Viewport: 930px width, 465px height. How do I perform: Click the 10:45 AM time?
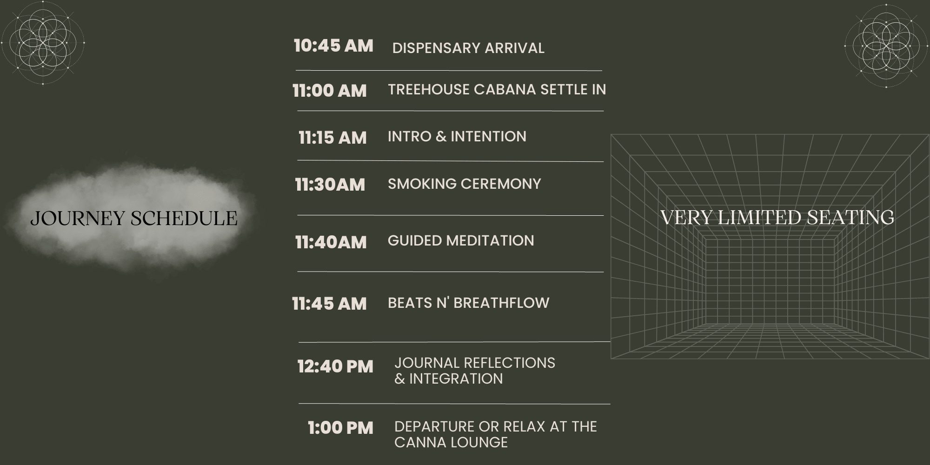(x=333, y=46)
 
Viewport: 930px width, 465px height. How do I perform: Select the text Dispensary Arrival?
(x=468, y=48)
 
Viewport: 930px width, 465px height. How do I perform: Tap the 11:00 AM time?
(x=330, y=91)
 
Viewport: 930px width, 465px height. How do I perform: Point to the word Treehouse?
(x=429, y=89)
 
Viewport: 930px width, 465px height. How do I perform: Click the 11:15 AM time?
(x=332, y=138)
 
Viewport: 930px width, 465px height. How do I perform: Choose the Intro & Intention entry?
(x=457, y=136)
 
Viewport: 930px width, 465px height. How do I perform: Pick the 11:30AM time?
(x=330, y=185)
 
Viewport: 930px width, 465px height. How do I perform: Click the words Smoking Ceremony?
(x=465, y=184)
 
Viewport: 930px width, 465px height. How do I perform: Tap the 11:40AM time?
(x=331, y=242)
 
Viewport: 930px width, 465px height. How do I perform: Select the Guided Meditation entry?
(x=461, y=240)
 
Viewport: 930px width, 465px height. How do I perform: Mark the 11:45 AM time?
(x=329, y=304)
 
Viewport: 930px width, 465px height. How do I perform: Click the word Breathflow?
(x=501, y=303)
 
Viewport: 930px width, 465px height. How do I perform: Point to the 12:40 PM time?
(x=335, y=366)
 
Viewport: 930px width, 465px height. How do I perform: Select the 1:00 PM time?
(x=340, y=428)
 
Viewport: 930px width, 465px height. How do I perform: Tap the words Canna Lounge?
(x=451, y=442)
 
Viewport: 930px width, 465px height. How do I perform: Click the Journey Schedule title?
(x=134, y=218)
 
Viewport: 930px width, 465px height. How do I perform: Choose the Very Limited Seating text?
(x=777, y=218)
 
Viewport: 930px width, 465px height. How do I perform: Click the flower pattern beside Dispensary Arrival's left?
(x=43, y=43)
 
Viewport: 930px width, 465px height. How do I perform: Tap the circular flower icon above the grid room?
(x=886, y=46)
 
